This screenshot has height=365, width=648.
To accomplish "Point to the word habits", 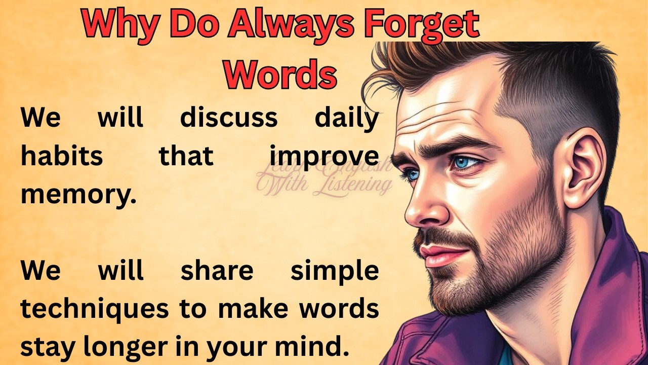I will point(62,156).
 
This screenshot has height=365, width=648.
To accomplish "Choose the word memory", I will point(78,195).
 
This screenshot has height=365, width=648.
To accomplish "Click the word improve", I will point(324,156).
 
